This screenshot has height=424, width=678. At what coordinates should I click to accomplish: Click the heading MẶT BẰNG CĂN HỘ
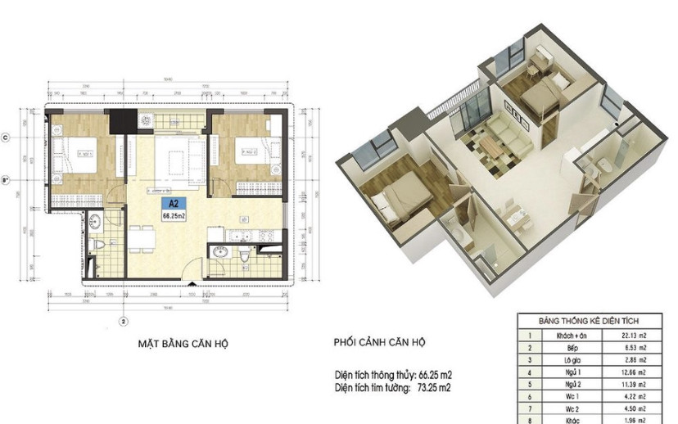(182, 345)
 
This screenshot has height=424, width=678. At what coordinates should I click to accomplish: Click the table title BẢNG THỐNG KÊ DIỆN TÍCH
(588, 321)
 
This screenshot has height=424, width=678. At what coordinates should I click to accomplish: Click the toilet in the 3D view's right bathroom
(603, 168)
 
